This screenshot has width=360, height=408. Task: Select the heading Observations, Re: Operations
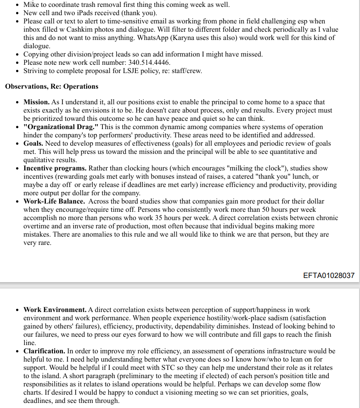point(51,86)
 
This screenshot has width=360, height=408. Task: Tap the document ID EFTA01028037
point(329,276)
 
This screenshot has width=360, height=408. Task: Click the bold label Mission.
point(36,102)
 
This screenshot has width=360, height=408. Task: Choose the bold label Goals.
point(34,143)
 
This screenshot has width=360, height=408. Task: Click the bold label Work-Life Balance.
point(54,201)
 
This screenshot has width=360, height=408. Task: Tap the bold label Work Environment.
point(55,310)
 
